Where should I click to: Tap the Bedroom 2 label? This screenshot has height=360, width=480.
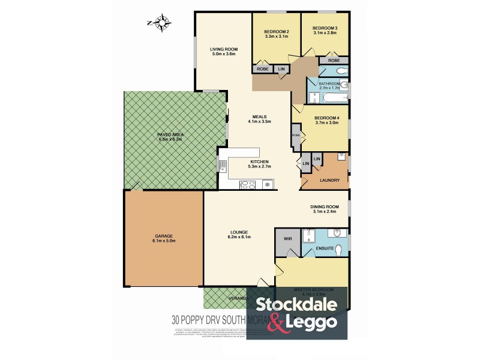277,34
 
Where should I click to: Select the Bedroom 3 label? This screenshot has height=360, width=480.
325,30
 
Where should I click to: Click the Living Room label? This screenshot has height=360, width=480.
224,52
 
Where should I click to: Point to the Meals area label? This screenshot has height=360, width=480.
260,119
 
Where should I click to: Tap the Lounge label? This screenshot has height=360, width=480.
239,235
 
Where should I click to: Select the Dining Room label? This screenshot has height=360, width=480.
325,209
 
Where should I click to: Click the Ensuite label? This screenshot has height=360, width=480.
325,247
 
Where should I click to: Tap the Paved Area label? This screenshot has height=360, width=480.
169,136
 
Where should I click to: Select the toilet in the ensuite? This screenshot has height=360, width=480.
338,249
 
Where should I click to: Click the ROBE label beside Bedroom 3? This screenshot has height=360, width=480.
334,61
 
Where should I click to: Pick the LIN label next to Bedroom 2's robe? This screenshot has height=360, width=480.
281,69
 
